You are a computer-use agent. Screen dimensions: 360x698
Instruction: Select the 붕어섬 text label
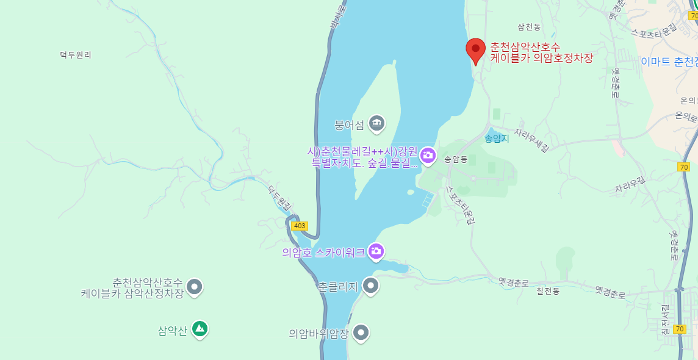(x=350, y=126)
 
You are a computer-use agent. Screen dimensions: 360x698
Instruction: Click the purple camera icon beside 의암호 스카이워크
(x=376, y=250)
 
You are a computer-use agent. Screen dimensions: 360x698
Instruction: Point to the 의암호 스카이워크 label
(x=323, y=251)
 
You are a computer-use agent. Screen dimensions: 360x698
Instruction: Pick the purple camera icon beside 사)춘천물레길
(x=428, y=155)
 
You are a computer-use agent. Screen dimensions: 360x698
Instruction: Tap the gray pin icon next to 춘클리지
(x=370, y=285)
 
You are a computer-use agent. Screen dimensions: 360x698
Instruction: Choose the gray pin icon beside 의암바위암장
(x=361, y=333)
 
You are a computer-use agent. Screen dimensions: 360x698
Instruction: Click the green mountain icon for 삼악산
(x=200, y=329)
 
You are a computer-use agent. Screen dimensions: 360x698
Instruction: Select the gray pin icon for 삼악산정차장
(x=194, y=286)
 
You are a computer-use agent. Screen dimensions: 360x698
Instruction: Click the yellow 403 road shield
(x=299, y=226)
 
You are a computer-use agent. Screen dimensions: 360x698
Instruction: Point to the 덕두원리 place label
(x=76, y=54)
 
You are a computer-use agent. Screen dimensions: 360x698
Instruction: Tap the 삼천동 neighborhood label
(x=529, y=27)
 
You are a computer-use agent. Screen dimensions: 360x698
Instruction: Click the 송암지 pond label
(x=496, y=139)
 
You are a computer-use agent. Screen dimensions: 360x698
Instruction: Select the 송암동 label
(x=456, y=159)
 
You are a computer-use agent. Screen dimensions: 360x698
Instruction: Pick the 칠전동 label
(x=548, y=291)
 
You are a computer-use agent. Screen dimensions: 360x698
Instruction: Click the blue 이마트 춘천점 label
(x=669, y=62)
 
